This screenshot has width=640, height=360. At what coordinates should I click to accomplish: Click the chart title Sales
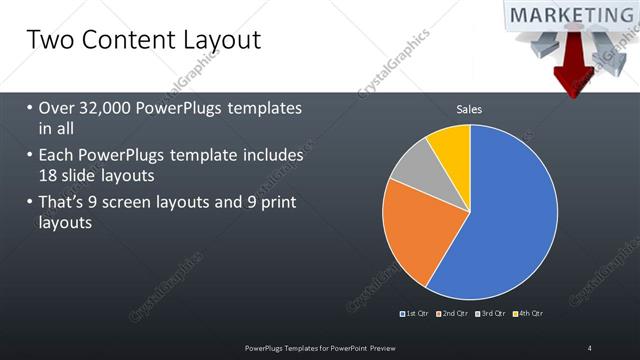[x=469, y=109]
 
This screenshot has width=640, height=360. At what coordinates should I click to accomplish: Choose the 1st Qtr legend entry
[x=418, y=314]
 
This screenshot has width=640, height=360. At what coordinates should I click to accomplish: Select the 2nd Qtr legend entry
[x=456, y=314]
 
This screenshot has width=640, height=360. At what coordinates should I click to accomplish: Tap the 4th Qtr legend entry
[x=530, y=314]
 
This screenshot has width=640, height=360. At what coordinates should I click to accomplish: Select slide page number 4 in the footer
[x=590, y=347]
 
